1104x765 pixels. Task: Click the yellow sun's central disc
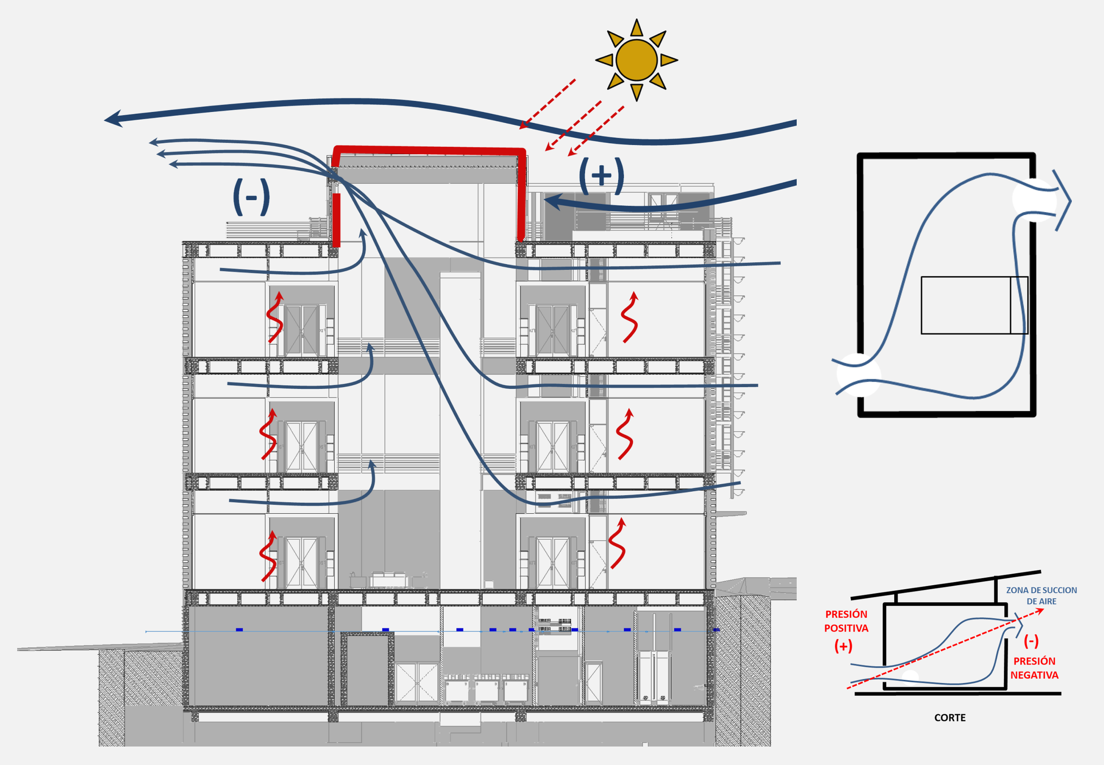point(636,60)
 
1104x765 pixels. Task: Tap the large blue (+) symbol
point(601,175)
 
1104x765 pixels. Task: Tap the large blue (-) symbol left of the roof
point(251,197)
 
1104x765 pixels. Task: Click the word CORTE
point(950,718)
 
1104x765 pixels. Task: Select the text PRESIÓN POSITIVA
point(846,621)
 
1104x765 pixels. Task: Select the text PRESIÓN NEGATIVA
point(1034,668)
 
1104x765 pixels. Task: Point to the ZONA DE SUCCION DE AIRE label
point(1041,595)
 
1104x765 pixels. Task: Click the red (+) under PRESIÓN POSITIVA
point(843,646)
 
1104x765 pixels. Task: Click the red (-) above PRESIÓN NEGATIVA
point(1031,641)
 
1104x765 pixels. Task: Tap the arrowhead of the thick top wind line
point(111,118)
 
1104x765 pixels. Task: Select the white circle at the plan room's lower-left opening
point(858,375)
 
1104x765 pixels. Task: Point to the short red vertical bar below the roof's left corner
point(336,220)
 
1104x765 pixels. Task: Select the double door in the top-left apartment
point(302,330)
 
